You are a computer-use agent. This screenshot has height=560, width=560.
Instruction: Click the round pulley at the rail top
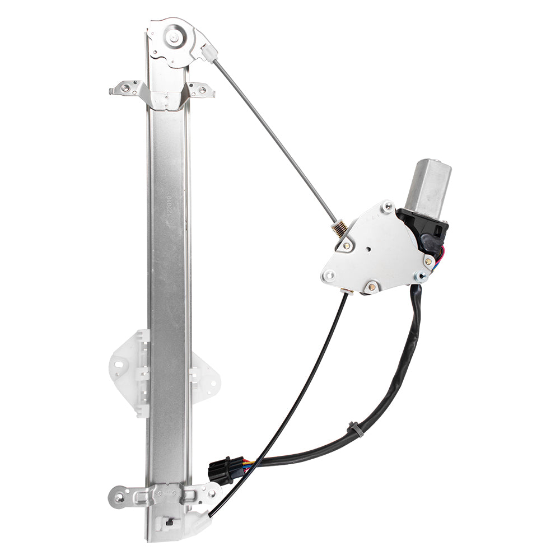click(174, 38)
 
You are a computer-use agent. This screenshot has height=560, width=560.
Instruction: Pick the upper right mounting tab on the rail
click(201, 90)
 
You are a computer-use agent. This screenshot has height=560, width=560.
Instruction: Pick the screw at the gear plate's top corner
click(386, 207)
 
